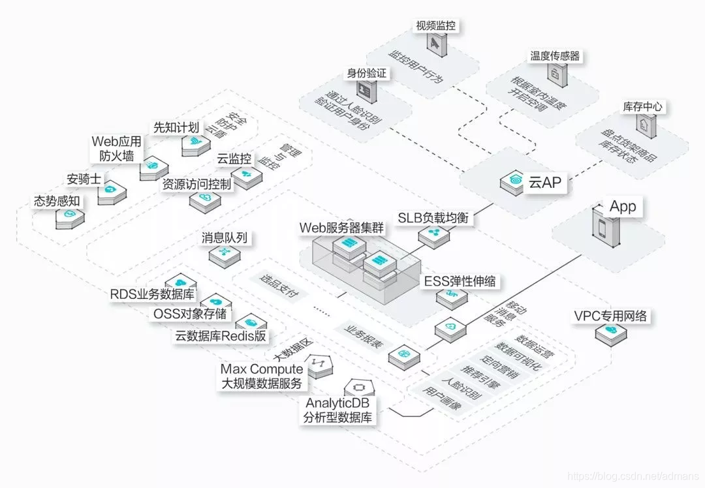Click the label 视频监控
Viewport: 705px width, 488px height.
click(435, 26)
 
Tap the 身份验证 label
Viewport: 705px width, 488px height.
click(366, 73)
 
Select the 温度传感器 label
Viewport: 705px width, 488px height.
click(555, 56)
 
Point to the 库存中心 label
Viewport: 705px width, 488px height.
click(644, 107)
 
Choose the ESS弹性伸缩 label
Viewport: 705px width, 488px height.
click(460, 282)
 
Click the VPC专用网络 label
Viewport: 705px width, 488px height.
click(610, 316)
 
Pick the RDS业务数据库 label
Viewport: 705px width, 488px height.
click(152, 294)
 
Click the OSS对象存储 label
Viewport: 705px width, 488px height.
click(190, 314)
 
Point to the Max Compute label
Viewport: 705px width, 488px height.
click(262, 369)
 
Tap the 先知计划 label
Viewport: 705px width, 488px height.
click(176, 127)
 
